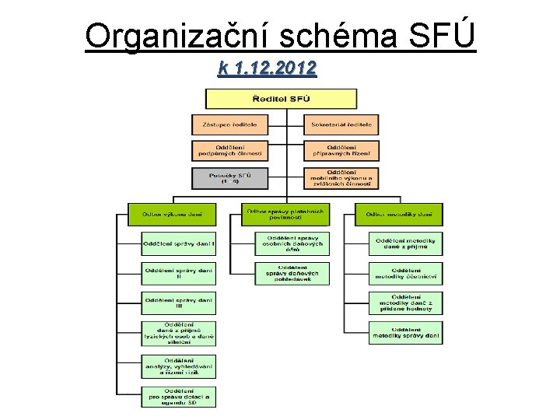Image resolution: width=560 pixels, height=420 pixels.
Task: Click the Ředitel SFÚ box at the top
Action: pos(281,99)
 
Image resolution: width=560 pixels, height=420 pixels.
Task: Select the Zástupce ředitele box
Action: pos(229,124)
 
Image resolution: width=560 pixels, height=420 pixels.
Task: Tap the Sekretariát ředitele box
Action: pos(341,124)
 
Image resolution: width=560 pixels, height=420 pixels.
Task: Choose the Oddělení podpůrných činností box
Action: pos(229,150)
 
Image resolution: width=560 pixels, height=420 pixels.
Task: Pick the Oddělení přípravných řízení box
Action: pos(341,150)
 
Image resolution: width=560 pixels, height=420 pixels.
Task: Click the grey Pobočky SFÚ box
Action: pos(229,178)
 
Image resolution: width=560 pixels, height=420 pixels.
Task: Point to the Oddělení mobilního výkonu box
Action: pos(341,178)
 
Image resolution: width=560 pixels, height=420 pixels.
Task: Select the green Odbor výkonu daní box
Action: pos(173,214)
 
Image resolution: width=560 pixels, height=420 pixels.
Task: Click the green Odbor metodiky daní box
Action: pos(398,214)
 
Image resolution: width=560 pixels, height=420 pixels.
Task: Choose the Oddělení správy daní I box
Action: pos(178,243)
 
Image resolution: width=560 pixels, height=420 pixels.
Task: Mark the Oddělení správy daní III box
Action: pos(178,303)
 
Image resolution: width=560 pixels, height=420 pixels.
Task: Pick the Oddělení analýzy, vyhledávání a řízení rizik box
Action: pos(178,366)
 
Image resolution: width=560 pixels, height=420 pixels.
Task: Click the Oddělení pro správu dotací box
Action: pos(178,396)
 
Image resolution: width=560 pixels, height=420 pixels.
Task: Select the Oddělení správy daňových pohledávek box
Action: pos(292,273)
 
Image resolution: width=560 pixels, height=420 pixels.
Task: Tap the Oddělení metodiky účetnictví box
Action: pos(405,273)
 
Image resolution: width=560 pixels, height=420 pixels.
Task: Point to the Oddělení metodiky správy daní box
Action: pos(405,333)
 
